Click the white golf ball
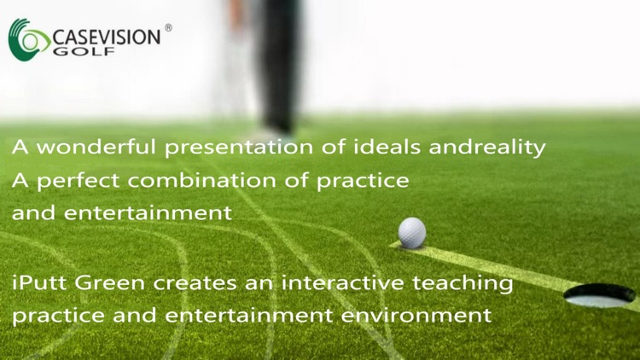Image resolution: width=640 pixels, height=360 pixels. [412, 232]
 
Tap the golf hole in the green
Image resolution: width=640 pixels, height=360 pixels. [599, 296]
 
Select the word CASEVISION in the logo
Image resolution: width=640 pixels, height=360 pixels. [106, 37]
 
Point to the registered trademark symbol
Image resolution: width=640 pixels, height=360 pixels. [168, 28]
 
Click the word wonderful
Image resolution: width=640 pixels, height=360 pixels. [94, 148]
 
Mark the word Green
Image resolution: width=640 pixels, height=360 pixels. [103, 282]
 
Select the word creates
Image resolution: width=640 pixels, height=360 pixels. [177, 282]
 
